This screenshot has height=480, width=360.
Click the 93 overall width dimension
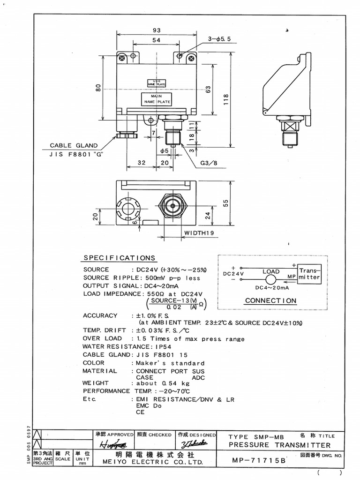(x=156, y=30)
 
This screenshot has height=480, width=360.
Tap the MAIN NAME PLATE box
(x=157, y=98)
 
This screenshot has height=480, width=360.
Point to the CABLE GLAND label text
(x=74, y=146)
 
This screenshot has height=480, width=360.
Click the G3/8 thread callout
(x=209, y=163)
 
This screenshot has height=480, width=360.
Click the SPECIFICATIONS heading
(x=119, y=258)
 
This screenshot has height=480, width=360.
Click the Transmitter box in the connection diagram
(x=309, y=274)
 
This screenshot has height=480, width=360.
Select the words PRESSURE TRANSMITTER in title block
(x=279, y=445)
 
